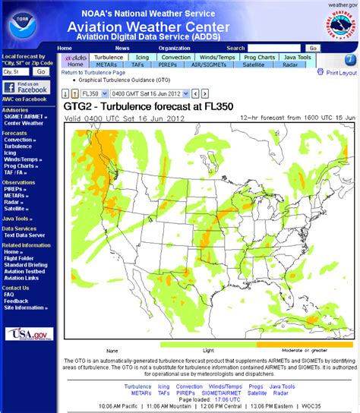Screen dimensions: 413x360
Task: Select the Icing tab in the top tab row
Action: (142, 57)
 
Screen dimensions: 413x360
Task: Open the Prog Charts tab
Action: (260, 57)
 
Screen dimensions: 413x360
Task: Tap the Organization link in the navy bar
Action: (174, 48)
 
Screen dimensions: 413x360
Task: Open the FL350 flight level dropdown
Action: (93, 93)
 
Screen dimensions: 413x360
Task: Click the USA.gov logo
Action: (29, 334)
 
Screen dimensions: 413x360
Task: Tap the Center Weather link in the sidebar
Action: (23, 123)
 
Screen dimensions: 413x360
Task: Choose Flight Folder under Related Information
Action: (21, 258)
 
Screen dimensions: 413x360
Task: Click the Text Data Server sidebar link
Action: (25, 235)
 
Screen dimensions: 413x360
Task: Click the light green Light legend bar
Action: (209, 344)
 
